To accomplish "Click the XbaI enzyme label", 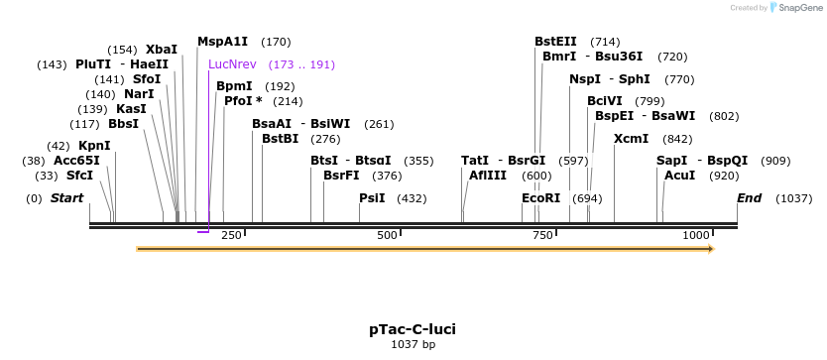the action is [162, 49].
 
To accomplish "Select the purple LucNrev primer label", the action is [232, 64].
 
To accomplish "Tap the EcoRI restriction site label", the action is [540, 198].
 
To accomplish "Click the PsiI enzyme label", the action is [372, 198].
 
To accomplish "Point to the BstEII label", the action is [555, 42].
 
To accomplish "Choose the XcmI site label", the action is [632, 139].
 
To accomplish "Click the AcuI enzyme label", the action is [679, 176].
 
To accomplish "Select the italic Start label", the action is [66, 198].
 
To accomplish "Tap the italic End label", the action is [749, 198].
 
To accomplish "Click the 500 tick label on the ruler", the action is [387, 235].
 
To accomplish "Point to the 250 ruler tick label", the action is [231, 235].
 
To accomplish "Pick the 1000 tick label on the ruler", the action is [696, 235].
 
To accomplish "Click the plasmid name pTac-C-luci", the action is [413, 328].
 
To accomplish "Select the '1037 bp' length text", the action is [413, 345].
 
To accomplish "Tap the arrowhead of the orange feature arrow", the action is [709, 248].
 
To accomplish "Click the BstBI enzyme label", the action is [280, 139].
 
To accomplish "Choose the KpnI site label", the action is [94, 146].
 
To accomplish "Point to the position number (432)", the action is [411, 198].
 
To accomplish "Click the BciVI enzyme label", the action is [605, 101].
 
